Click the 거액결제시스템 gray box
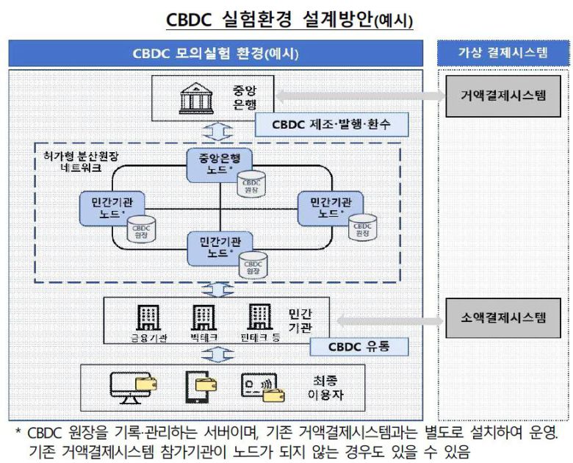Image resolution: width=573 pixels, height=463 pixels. [x=503, y=96]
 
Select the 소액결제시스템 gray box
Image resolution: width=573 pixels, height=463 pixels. [x=503, y=318]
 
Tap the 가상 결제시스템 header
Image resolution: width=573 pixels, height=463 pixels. [x=503, y=54]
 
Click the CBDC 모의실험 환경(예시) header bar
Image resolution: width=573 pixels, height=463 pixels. [x=215, y=54]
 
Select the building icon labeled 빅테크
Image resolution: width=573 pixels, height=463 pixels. [x=203, y=318]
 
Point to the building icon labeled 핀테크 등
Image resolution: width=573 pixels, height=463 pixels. [x=261, y=318]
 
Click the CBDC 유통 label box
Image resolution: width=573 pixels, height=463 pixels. [x=358, y=346]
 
